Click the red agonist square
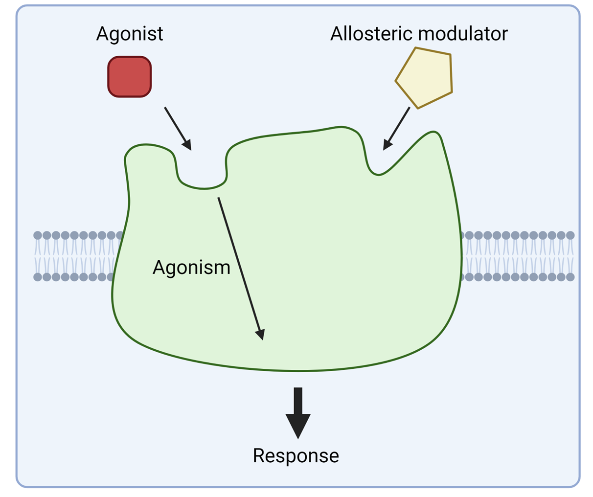[x=130, y=77]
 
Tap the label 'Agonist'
[x=130, y=34]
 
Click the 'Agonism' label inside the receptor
[x=191, y=268]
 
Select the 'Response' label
[x=296, y=455]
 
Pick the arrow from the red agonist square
[x=177, y=128]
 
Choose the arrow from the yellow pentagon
[x=397, y=128]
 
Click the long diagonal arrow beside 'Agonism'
[x=240, y=267]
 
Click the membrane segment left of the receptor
[x=73, y=256]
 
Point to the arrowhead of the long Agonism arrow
[x=261, y=334]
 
